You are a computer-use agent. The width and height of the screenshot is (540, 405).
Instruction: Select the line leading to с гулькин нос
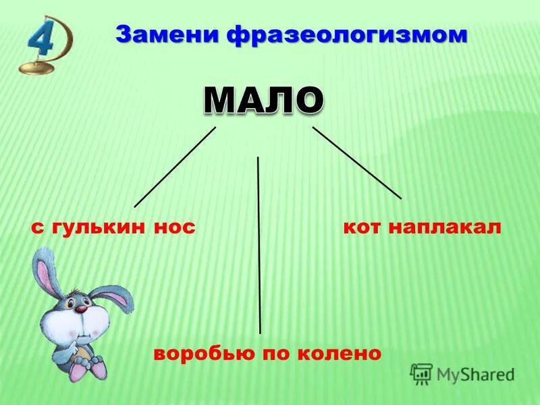click(174, 167)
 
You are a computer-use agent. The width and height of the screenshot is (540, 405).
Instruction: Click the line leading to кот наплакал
click(356, 162)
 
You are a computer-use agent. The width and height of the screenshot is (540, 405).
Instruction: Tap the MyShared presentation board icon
click(421, 373)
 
